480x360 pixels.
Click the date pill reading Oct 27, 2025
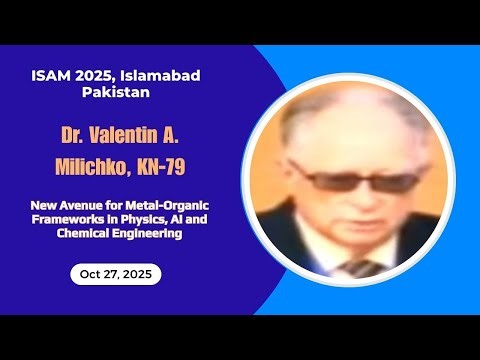pos(115,274)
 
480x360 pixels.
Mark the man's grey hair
pos(340,115)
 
